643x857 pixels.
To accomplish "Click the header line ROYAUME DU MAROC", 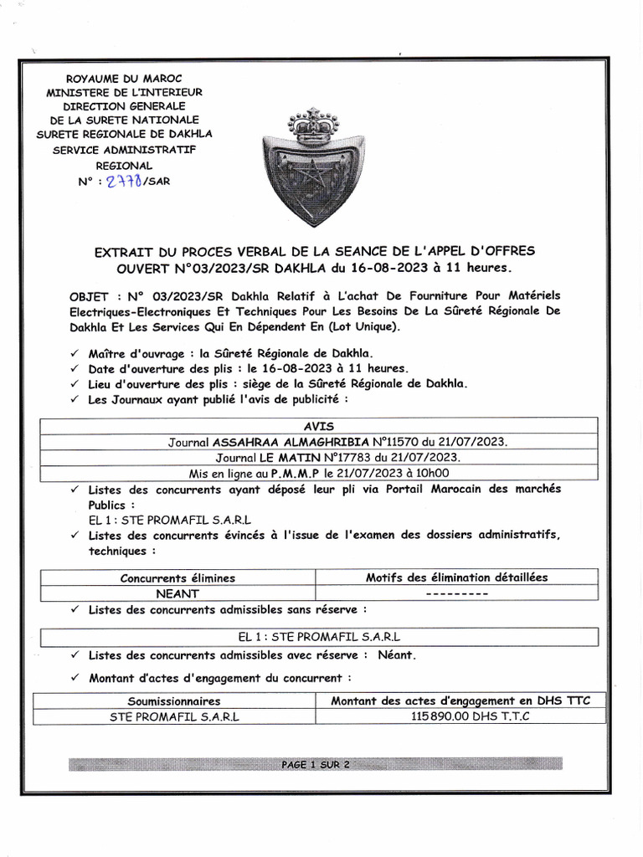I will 123,78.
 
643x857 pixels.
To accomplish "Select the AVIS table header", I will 318,426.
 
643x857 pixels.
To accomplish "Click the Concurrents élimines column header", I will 177,577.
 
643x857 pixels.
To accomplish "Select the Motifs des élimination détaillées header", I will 456,577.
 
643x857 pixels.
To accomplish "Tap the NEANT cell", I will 177,593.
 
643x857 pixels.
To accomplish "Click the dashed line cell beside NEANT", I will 456,593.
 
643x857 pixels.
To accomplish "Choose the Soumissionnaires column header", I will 174,700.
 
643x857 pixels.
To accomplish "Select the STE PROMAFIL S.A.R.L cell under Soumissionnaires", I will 174,716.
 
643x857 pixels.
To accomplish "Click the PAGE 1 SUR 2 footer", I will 316,764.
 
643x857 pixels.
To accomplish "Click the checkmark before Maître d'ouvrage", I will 75,355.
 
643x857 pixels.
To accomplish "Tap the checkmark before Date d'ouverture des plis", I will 75,369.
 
